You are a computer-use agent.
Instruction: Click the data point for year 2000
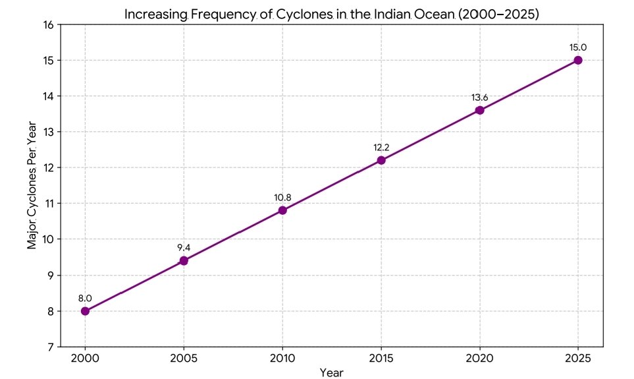point(85,311)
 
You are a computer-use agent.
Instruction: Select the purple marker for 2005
point(184,261)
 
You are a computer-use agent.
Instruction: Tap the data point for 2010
point(282,210)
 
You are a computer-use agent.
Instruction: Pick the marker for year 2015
point(381,160)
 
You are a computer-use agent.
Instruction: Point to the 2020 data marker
point(479,110)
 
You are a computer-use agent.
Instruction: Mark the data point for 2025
point(578,60)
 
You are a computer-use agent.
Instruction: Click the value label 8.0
point(85,299)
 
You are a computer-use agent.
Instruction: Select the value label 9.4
point(184,248)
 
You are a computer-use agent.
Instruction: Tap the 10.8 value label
point(282,198)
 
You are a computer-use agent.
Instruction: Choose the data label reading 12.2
point(381,148)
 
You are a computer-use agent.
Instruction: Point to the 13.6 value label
point(479,98)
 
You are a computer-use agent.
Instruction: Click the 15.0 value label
point(578,47)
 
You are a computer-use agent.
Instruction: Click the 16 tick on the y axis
point(48,25)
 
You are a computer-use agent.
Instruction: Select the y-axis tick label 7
point(51,347)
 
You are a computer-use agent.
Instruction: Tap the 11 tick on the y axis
point(48,204)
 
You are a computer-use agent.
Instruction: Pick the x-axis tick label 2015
point(381,359)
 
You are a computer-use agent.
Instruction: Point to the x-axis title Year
point(331,373)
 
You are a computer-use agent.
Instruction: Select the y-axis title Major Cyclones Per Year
point(32,185)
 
